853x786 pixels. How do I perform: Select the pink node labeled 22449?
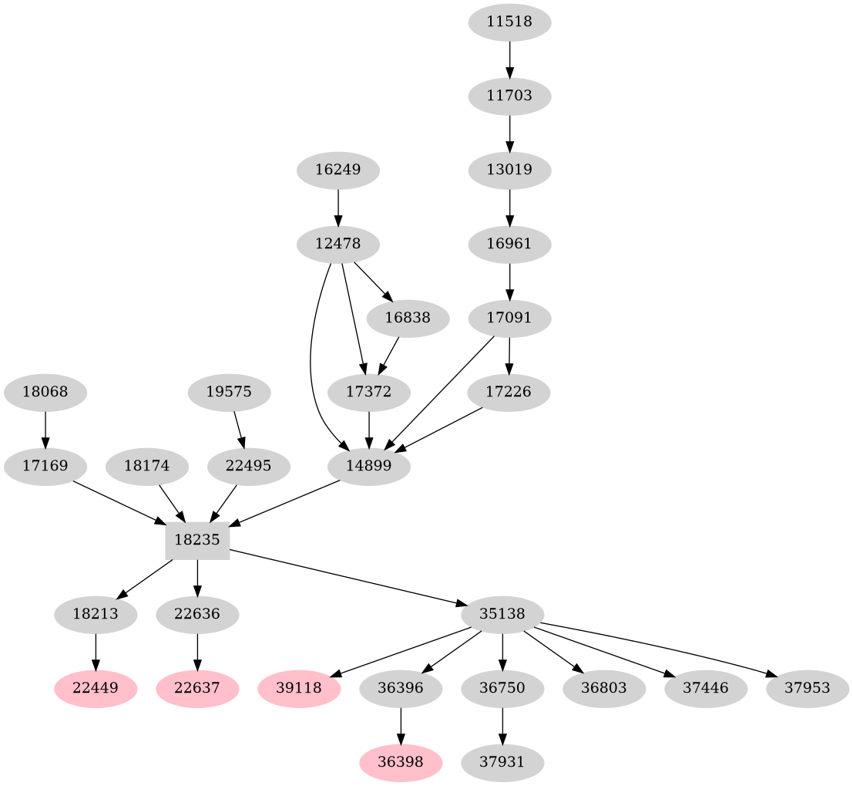pyautogui.click(x=96, y=687)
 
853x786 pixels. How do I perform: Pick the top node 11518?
pyautogui.click(x=509, y=22)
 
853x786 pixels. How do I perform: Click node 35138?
pyautogui.click(x=502, y=615)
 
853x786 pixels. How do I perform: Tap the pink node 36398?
pyautogui.click(x=401, y=762)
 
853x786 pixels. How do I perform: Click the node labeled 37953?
pyautogui.click(x=808, y=687)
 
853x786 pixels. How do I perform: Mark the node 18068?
pyautogui.click(x=45, y=392)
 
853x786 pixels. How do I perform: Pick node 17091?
pyautogui.click(x=509, y=318)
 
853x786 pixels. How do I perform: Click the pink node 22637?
pyautogui.click(x=198, y=687)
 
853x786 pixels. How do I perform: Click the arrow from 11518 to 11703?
pyautogui.click(x=509, y=59)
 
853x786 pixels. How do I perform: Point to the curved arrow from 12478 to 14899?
pyautogui.click(x=311, y=370)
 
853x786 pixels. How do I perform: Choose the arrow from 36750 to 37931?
pyautogui.click(x=502, y=725)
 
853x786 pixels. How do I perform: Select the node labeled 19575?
pyautogui.click(x=229, y=392)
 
